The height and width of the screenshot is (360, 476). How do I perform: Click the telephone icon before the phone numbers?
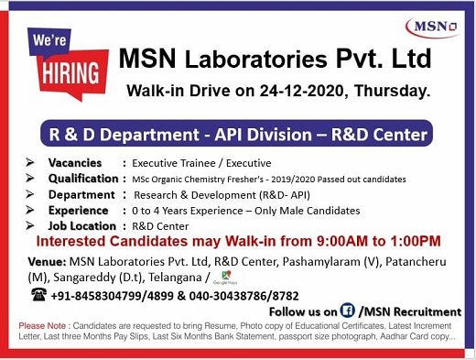tap(38, 295)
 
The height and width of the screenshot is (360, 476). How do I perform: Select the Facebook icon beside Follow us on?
tap(348, 311)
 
